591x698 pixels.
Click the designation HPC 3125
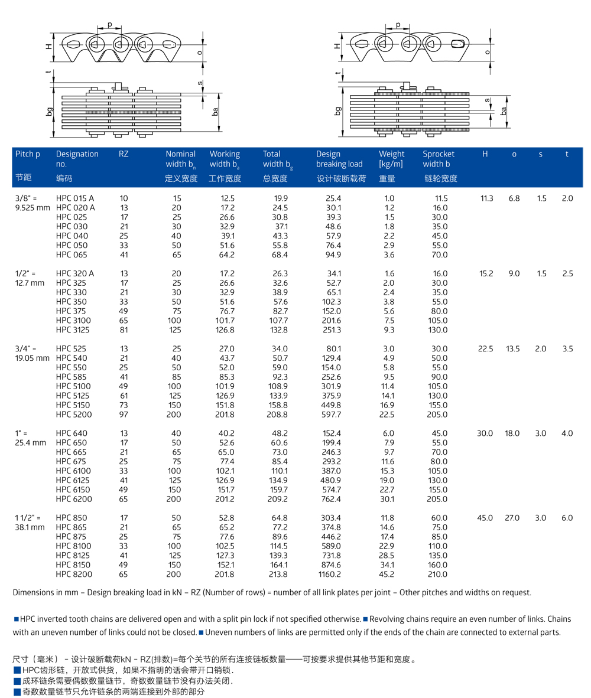[72, 330]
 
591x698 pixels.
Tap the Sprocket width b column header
[439, 159]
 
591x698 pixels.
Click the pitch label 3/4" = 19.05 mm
[33, 353]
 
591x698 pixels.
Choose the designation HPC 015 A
[75, 198]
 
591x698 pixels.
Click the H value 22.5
[485, 348]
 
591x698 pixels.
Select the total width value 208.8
[278, 415]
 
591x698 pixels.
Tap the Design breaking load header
[339, 159]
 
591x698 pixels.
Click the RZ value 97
[124, 415]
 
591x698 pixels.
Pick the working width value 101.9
[223, 386]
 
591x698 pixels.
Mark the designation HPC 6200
[72, 499]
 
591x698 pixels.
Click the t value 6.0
[567, 518]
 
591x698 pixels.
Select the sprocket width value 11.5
[441, 198]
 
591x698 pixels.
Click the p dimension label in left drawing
[110, 25]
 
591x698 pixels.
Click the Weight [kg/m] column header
[391, 159]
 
